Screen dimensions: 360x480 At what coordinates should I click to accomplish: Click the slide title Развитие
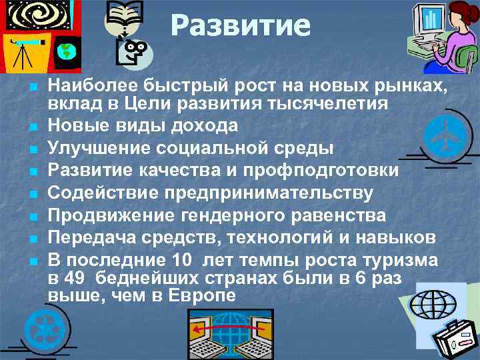(x=240, y=27)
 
